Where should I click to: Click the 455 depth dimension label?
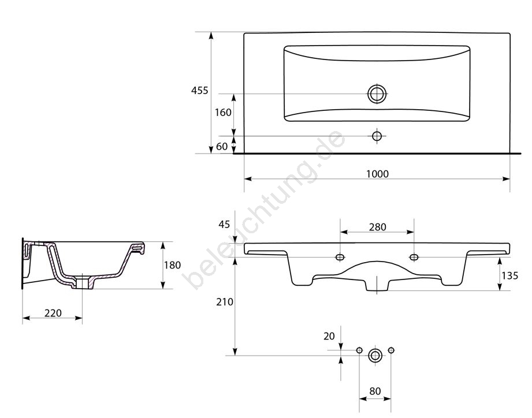[x=199, y=91]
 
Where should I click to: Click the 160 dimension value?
[x=223, y=112]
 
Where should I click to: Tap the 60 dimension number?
[x=222, y=147]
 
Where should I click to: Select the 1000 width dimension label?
[x=377, y=174]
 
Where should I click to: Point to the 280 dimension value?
[x=377, y=227]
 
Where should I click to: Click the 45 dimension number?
[x=224, y=225]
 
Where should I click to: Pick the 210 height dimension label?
[x=225, y=302]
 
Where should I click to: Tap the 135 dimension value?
[x=510, y=275]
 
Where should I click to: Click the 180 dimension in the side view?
[x=172, y=265]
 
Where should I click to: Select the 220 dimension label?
[x=53, y=313]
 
